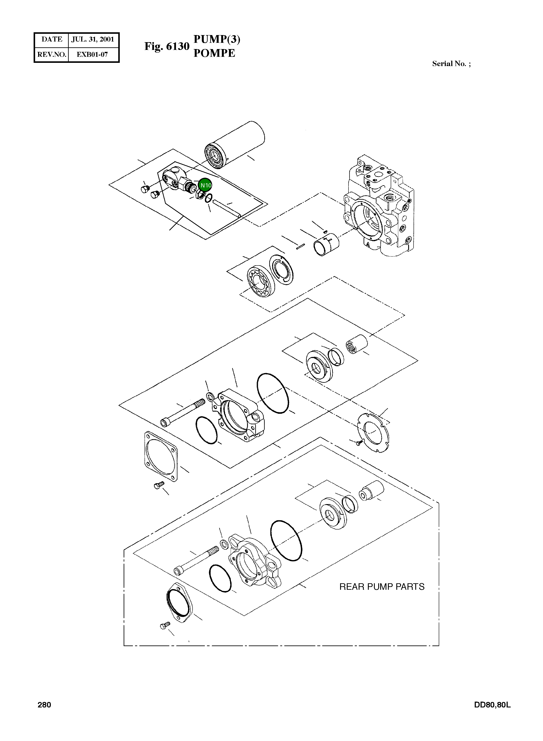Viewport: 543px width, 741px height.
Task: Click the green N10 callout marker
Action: click(x=206, y=185)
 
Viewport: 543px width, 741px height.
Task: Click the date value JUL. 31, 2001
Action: click(x=93, y=39)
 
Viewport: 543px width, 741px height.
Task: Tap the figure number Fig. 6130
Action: click(x=167, y=46)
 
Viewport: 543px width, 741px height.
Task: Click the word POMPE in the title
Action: click(x=214, y=53)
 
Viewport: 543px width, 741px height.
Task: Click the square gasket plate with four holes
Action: click(x=161, y=456)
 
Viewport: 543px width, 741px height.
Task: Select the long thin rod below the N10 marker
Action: click(x=227, y=210)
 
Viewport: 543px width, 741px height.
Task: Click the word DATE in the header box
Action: click(x=52, y=39)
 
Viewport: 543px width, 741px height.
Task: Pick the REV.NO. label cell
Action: click(x=52, y=54)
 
